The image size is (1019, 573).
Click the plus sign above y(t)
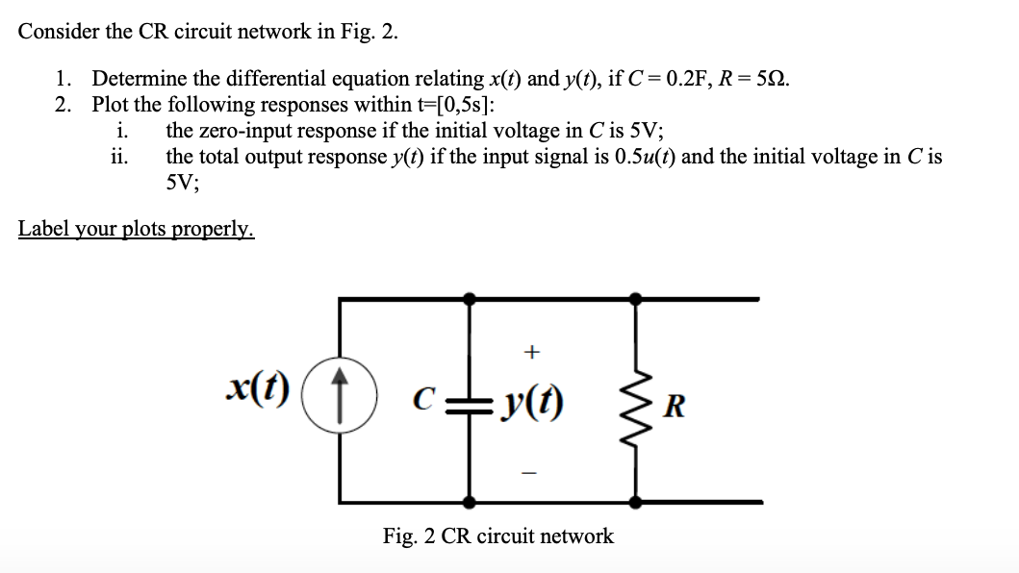(530, 353)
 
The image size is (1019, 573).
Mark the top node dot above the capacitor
(470, 300)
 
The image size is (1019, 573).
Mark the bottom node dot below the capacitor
(470, 502)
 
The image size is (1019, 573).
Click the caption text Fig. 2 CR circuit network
(497, 536)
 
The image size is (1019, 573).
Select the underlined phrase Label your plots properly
(137, 229)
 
